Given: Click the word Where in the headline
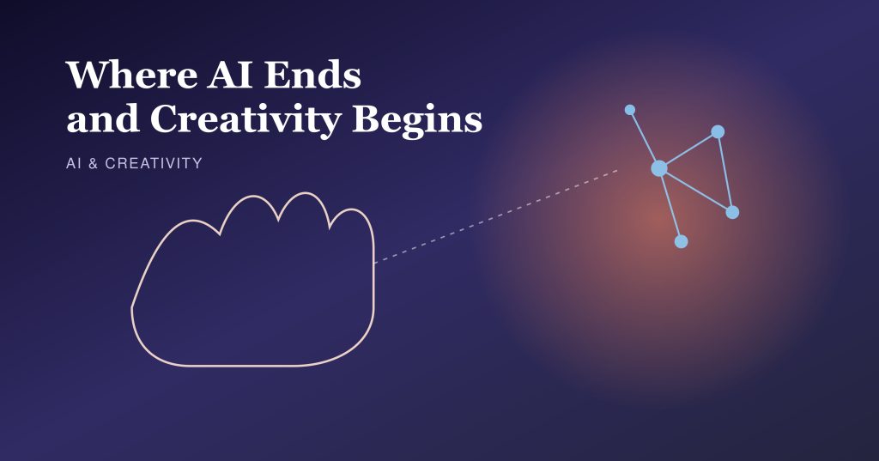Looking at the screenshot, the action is pos(131,75).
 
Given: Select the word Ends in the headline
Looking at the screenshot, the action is pos(312,75).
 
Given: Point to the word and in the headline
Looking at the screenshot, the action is pos(103,118).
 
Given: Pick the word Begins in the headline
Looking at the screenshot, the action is pos(417,120).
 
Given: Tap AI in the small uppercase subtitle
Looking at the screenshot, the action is pos(74,163).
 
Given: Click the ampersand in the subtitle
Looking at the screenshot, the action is pos(93,163).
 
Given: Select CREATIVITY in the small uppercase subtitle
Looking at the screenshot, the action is pos(154,163).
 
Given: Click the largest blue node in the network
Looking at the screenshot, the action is pos(659,167).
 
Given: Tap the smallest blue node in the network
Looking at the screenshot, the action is pos(629,109).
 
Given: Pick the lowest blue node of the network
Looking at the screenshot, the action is pos(681,241).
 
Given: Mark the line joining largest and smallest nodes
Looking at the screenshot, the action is pos(644,138).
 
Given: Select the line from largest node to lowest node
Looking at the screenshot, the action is pos(670,204).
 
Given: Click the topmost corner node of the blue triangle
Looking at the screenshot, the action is pos(718,132).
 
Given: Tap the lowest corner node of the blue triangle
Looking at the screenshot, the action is pos(732,212).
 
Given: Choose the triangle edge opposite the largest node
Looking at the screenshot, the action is pos(724,173).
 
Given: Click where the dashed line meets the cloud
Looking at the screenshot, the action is pos(374,263).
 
